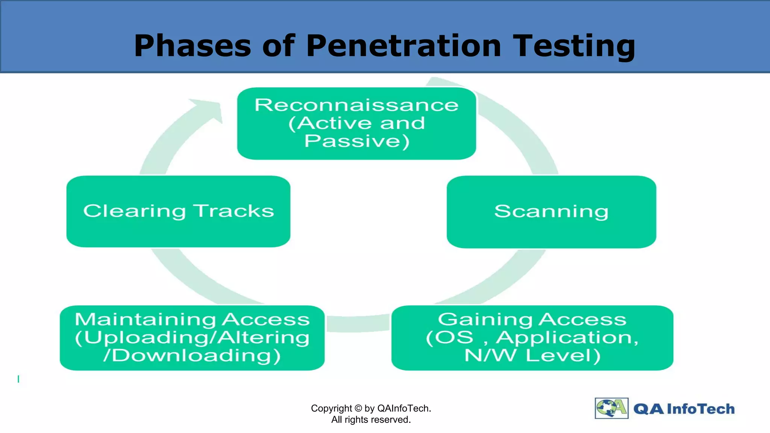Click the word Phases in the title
(x=192, y=46)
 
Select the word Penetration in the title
(x=403, y=46)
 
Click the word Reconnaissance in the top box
(x=356, y=105)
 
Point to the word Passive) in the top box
(x=356, y=141)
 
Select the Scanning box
(x=551, y=212)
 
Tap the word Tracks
(x=233, y=211)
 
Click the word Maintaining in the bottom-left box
(x=145, y=320)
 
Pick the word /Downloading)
(x=192, y=356)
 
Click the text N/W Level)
(x=532, y=356)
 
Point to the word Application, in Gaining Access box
(x=567, y=338)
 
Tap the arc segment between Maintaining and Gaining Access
(x=358, y=324)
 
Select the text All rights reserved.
(x=371, y=420)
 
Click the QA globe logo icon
(x=611, y=408)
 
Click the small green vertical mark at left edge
(x=18, y=379)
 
